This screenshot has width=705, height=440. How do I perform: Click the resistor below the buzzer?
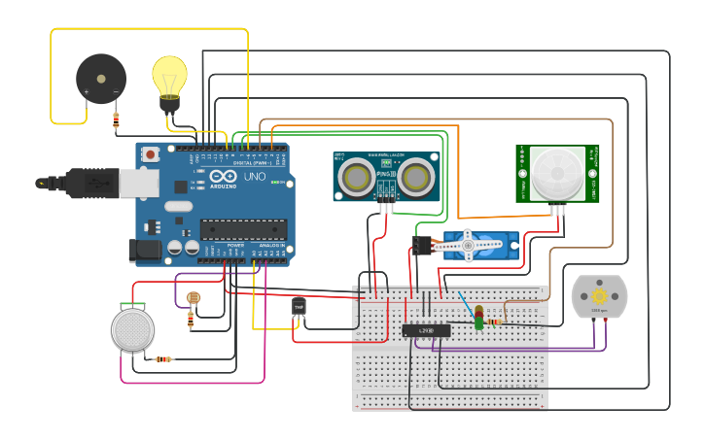click(116, 120)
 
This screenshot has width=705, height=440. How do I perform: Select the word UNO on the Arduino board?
click(254, 177)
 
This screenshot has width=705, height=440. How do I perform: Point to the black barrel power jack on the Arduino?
click(146, 251)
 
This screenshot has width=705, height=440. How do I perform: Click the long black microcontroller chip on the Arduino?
click(243, 229)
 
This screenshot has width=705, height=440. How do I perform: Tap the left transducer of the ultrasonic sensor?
click(356, 177)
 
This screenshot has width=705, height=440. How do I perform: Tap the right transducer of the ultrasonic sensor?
click(416, 177)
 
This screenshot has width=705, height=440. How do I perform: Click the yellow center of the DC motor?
click(599, 295)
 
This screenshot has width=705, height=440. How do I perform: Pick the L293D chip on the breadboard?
click(426, 330)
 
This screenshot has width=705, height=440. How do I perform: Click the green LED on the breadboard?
click(479, 321)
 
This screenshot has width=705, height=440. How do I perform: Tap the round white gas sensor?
click(132, 329)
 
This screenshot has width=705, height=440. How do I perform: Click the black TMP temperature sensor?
click(299, 308)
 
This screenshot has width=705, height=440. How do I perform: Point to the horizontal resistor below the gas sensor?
click(163, 359)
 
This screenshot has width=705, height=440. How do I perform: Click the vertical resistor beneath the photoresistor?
click(190, 317)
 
